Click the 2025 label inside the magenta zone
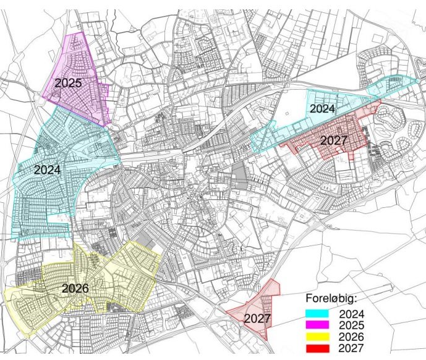click(68, 82)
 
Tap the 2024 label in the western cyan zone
click(47, 169)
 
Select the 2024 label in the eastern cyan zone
click(322, 109)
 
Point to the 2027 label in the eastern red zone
click(334, 141)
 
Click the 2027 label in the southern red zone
click(257, 319)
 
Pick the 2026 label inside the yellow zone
click(75, 288)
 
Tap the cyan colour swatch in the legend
click(320, 314)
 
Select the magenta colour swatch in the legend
click(320, 325)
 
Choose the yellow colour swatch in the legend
click(320, 337)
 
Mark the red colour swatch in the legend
click(320, 349)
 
